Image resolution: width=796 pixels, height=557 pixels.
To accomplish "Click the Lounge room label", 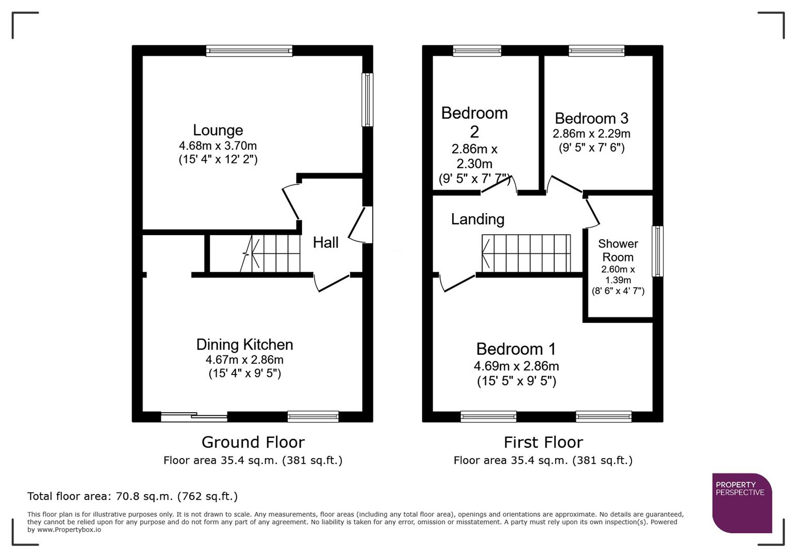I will point(218,130).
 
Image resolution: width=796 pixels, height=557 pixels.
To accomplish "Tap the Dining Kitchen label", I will point(244,345).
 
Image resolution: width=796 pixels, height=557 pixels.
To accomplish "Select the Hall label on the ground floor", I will point(326,242).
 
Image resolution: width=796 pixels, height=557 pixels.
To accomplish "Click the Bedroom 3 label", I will point(591,119).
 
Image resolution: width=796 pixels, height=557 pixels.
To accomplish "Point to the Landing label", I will point(477,219).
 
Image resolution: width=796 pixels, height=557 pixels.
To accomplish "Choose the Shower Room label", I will point(618,250).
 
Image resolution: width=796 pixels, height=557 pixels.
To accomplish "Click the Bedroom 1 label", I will point(516,349).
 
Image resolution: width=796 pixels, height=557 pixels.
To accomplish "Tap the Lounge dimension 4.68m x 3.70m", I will point(218,146).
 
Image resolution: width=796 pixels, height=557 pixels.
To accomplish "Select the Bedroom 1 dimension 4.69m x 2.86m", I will point(516,366).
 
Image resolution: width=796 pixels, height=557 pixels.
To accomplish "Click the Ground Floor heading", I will point(253,442).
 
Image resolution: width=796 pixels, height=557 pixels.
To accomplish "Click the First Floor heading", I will point(543,442).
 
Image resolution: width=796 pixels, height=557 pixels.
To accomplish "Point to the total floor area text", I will point(132,496).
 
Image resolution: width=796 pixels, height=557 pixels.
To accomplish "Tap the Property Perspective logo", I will point(742,503).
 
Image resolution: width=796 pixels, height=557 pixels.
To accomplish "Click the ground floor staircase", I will point(271,253).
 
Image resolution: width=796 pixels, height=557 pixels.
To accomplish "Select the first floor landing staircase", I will point(526,253).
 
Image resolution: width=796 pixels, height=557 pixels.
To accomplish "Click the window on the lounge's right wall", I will point(367,100).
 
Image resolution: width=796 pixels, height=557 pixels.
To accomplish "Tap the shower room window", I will point(658,251).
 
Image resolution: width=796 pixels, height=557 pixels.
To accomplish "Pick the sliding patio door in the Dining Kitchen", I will point(194,417).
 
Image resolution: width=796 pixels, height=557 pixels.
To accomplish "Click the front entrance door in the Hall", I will point(361,225).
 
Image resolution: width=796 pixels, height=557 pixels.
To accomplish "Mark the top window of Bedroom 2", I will point(477,51).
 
